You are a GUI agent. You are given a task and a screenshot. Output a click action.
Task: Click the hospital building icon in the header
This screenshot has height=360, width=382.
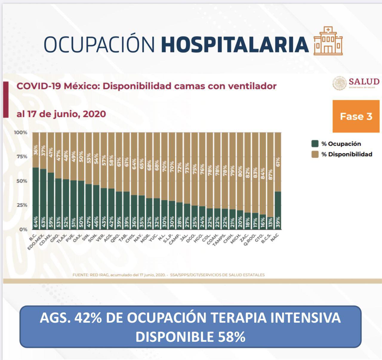(x=328, y=41)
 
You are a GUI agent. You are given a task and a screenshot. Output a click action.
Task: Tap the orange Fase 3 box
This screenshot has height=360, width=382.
(x=356, y=116)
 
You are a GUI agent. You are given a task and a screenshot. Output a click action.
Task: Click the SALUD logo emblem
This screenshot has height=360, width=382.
(x=339, y=83)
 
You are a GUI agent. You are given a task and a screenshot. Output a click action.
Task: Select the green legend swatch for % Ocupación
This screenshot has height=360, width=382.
(x=315, y=144)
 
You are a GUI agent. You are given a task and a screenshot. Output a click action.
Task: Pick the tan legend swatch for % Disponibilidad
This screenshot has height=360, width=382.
(x=315, y=154)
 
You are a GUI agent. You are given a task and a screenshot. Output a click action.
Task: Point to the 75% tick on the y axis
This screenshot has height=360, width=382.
(x=21, y=157)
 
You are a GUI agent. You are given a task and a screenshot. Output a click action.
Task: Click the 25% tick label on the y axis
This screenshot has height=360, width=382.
(x=21, y=205)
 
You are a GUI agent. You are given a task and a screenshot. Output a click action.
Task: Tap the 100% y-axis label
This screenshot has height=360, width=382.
(x=21, y=132)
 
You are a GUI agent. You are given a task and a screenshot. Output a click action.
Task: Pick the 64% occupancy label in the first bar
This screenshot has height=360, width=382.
(x=36, y=222)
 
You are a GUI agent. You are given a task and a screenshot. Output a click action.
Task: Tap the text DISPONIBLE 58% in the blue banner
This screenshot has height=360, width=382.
(x=190, y=337)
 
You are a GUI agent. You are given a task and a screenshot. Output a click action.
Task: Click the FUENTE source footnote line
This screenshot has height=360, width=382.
(x=168, y=275)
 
